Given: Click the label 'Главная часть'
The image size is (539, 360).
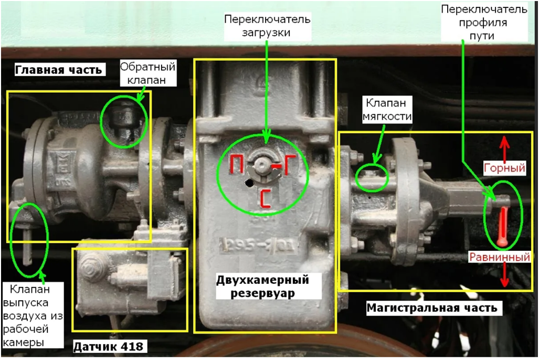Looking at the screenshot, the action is (58, 70).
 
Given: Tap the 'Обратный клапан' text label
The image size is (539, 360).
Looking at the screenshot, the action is (147, 73).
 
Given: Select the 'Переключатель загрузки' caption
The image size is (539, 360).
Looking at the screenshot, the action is (267, 26).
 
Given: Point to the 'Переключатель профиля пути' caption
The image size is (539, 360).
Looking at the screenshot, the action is (484, 23).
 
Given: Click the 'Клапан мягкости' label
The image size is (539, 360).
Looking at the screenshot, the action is (387, 109).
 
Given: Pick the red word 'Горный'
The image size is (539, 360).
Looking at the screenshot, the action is (504, 168).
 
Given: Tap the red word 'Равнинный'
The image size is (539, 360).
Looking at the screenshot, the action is (500, 257).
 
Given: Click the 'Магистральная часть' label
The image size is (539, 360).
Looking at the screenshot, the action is (432, 308).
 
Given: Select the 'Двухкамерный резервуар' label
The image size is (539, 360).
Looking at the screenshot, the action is (262, 287).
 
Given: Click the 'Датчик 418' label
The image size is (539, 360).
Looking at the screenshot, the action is (109, 346).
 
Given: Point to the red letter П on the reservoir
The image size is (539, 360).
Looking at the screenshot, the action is (237, 164).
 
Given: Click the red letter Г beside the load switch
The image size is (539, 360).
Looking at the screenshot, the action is (288, 164).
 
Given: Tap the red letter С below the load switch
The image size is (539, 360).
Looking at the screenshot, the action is (266, 199).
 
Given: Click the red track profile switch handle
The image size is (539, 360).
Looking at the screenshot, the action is (503, 227).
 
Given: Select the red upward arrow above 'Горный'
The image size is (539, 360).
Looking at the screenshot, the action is (504, 149).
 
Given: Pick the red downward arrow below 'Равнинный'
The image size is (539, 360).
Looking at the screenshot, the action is (504, 274).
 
